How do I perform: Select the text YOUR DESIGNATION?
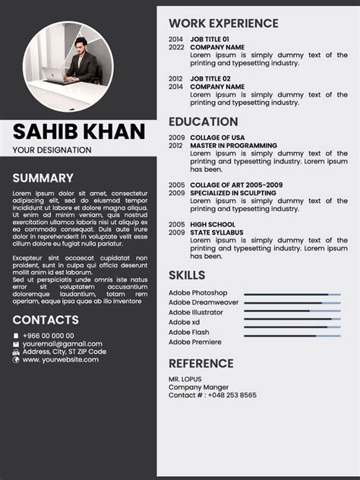click(52, 150)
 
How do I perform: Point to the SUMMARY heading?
click(43, 178)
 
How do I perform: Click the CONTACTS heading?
click(46, 320)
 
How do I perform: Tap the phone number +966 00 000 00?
click(48, 335)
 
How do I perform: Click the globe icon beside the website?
click(16, 360)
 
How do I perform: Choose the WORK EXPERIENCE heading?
click(223, 24)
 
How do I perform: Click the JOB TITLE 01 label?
click(210, 39)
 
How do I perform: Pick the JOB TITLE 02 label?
click(210, 78)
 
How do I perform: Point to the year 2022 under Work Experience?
click(176, 47)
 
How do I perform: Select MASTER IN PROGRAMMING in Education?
click(233, 145)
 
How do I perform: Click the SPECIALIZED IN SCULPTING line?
click(233, 193)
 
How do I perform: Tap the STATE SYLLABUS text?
click(216, 232)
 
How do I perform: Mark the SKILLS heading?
click(187, 275)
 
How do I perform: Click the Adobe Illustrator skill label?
click(196, 312)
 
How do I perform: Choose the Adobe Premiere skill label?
click(194, 342)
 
